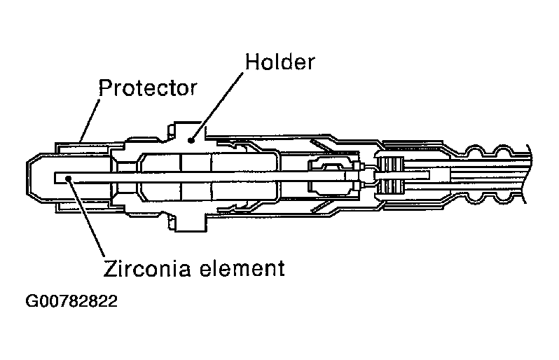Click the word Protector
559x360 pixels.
tap(147, 89)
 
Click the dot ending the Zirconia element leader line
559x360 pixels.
tap(68, 179)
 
